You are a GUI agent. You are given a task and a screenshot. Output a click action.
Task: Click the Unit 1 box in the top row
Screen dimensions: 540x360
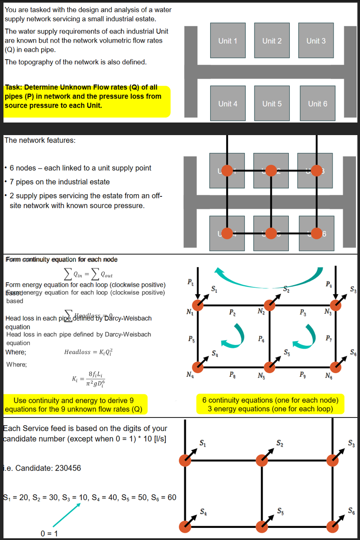228,40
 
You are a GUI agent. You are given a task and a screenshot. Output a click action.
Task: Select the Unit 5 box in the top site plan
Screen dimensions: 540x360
272,103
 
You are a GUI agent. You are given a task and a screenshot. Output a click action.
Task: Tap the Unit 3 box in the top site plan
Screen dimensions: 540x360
316,40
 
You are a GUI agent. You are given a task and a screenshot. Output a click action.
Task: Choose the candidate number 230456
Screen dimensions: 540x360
61,468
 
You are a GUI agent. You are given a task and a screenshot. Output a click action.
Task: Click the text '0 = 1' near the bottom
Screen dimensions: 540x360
50,533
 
